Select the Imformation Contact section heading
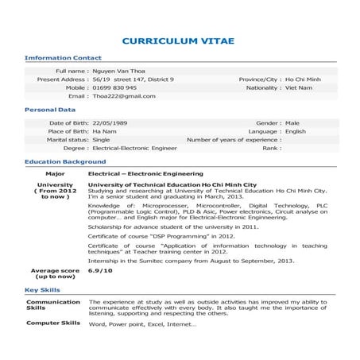[x=64, y=58]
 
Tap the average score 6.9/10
[x=101, y=271]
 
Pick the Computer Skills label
[x=53, y=323]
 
